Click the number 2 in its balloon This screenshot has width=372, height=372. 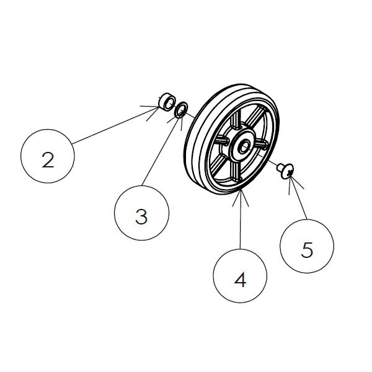[48, 160]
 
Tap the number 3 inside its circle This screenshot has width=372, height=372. [141, 216]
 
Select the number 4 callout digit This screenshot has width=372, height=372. [240, 280]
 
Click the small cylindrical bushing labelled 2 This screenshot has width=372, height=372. [166, 102]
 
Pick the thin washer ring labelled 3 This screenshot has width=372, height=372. [181, 110]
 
